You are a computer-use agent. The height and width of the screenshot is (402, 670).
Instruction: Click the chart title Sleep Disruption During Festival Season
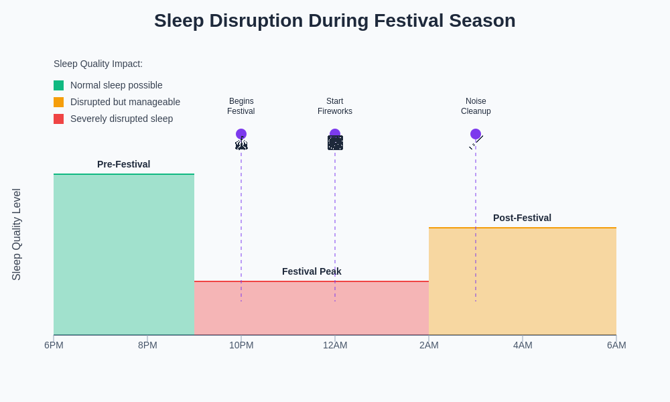pos(334,21)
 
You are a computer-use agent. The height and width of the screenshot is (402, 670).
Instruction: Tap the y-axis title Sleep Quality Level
pos(17,234)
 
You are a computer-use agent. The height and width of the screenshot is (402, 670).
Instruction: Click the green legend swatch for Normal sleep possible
pos(59,86)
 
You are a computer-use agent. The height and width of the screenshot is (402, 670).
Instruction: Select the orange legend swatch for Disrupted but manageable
pos(59,103)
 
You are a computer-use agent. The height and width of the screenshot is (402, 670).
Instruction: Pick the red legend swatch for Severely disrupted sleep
pos(59,119)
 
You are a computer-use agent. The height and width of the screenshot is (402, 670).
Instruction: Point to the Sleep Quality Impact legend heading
pos(98,64)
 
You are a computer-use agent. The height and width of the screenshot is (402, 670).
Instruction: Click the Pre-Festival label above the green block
pos(123,164)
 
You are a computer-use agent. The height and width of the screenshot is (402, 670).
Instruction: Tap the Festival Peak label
pos(312,271)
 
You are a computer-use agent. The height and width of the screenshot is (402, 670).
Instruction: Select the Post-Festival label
pos(522,218)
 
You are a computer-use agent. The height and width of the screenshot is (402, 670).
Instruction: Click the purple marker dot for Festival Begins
pos(241,134)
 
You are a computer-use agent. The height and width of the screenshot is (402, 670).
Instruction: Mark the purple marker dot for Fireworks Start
pos(335,133)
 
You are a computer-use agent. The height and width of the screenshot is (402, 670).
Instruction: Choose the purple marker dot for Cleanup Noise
pos(476,134)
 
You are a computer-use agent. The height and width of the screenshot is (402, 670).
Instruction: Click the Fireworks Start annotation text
pos(335,107)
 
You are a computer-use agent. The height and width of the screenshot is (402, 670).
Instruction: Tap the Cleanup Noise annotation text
pos(476,107)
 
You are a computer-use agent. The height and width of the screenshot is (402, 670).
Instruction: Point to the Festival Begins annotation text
pos(241,107)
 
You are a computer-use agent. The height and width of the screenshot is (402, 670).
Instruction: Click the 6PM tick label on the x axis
pos(54,345)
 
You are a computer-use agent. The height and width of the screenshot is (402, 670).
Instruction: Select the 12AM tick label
pos(335,345)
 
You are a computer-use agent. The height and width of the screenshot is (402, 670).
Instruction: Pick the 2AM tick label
pos(429,345)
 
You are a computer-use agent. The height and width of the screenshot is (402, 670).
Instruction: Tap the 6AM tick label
pos(616,345)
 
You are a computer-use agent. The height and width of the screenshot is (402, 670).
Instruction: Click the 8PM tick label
pos(147,345)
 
